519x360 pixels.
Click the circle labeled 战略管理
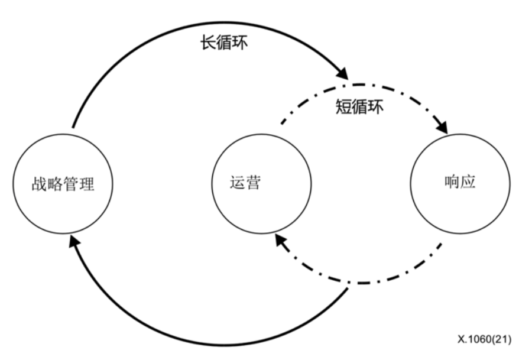(x=63, y=184)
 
